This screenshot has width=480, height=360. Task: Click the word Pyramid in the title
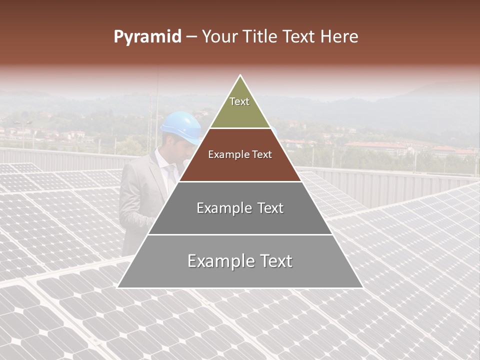pos(147,36)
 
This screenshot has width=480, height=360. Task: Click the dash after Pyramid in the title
pos(191,37)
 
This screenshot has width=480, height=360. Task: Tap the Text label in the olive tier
pos(239,101)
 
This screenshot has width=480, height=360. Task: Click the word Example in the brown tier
pos(226,155)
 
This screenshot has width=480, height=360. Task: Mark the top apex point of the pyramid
pos(240,75)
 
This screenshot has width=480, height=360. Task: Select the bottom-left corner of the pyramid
pos(117,287)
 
